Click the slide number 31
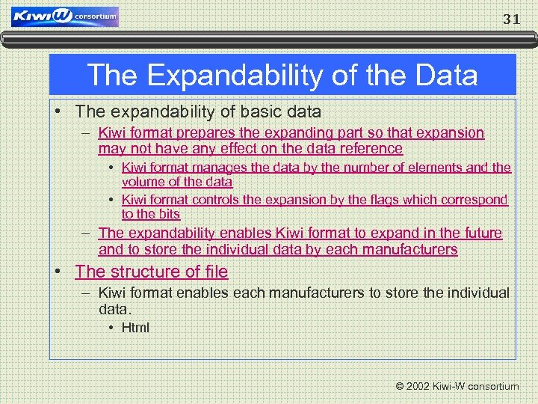click(511, 19)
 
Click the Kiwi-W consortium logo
click(65, 16)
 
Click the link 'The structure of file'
click(152, 272)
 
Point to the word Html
click(135, 327)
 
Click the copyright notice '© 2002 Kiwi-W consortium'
click(457, 386)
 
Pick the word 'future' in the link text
click(481, 233)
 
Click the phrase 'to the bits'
click(151, 214)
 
